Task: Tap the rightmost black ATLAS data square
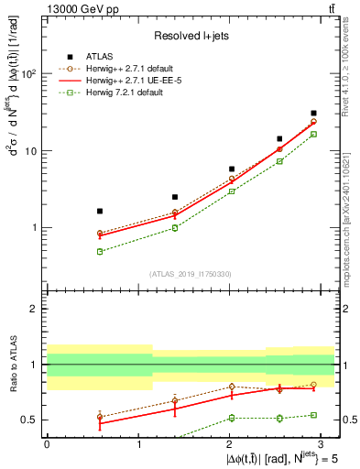tap(313, 114)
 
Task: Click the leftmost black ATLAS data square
tap(100, 211)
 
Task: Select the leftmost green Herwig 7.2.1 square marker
tap(100, 251)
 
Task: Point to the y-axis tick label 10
tap(33, 151)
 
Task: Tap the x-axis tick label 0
tap(47, 443)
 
